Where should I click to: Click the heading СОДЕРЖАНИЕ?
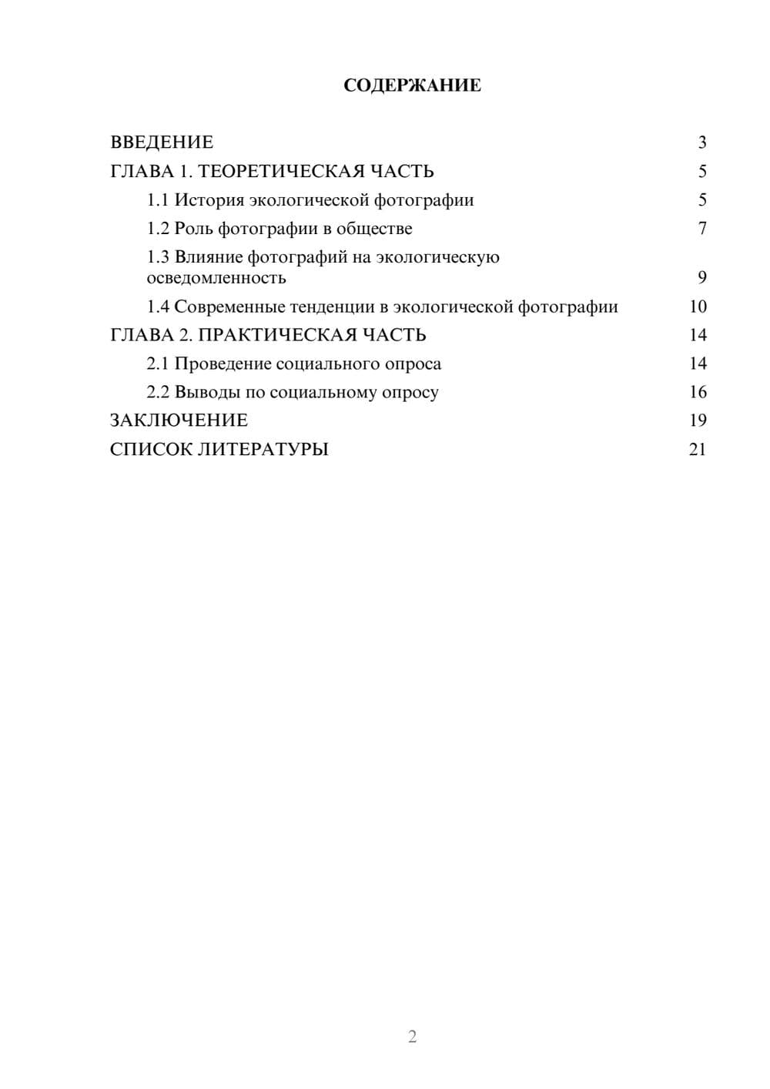tap(412, 85)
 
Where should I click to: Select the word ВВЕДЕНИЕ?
tap(162, 142)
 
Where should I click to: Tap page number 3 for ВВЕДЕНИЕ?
tap(701, 142)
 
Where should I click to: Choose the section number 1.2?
tap(158, 229)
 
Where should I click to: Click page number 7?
tap(701, 229)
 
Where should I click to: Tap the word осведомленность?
tap(216, 277)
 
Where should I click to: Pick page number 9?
tap(701, 277)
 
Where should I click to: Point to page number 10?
tap(698, 307)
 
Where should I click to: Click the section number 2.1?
tap(158, 364)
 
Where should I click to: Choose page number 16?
tap(698, 392)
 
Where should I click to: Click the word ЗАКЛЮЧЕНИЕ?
tap(179, 421)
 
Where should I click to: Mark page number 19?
tap(698, 421)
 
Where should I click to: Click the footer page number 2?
tap(412, 1037)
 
